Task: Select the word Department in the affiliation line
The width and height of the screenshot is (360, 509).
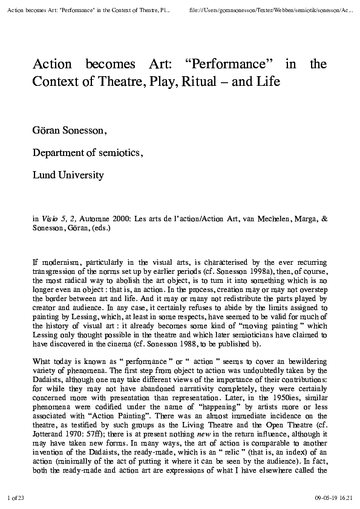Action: (60, 153)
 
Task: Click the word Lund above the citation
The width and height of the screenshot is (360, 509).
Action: (44, 175)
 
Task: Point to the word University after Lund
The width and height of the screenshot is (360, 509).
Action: (81, 175)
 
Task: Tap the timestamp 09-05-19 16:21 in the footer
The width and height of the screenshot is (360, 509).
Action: (333, 498)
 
